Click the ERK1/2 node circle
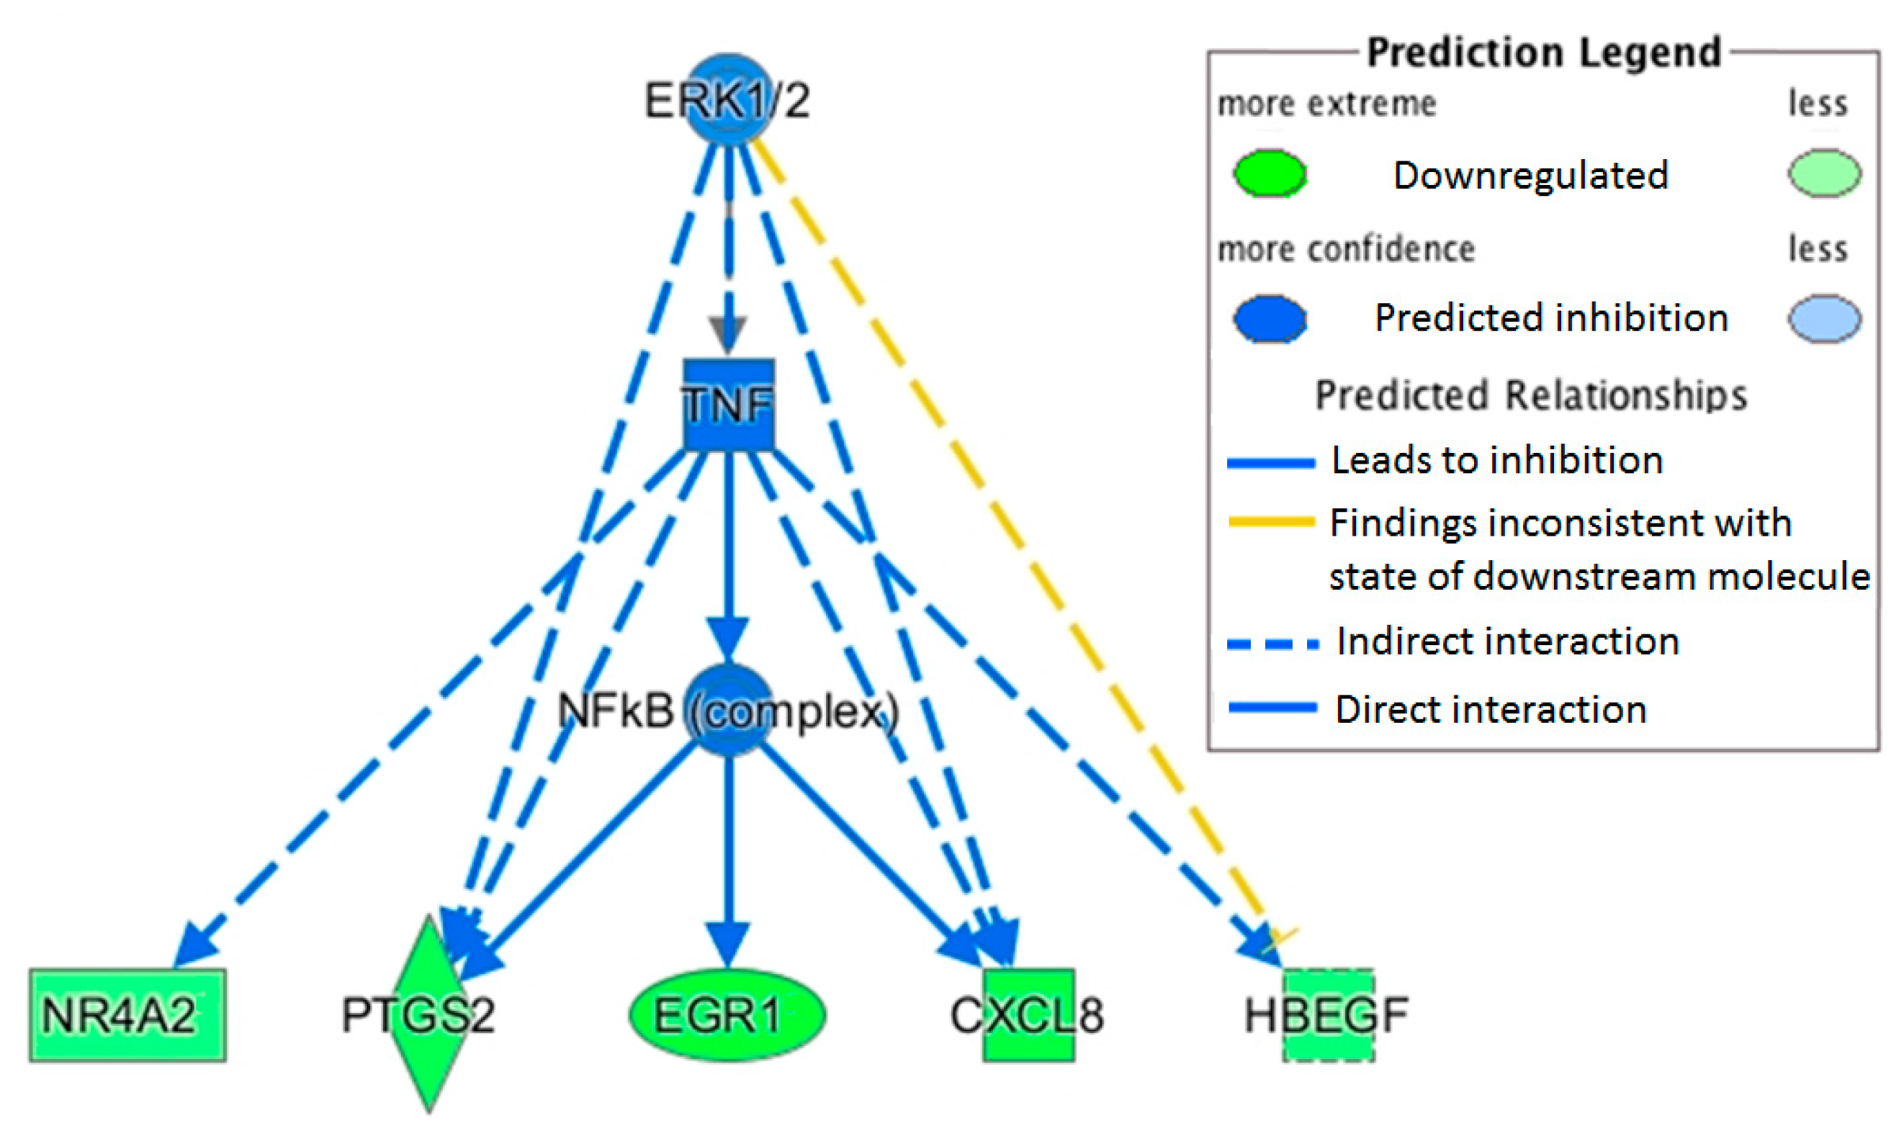coord(727,98)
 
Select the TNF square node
coord(728,405)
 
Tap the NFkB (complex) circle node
coord(727,709)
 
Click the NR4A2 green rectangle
coord(127,1014)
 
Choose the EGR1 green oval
coord(727,1014)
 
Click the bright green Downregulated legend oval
coord(1270,174)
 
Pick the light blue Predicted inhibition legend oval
coord(1824,318)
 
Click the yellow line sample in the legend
coord(1272,523)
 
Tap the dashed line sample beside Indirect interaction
coord(1272,644)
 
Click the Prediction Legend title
coord(1544,52)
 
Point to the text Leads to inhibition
coord(1496,461)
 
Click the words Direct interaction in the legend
coord(1491,709)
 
